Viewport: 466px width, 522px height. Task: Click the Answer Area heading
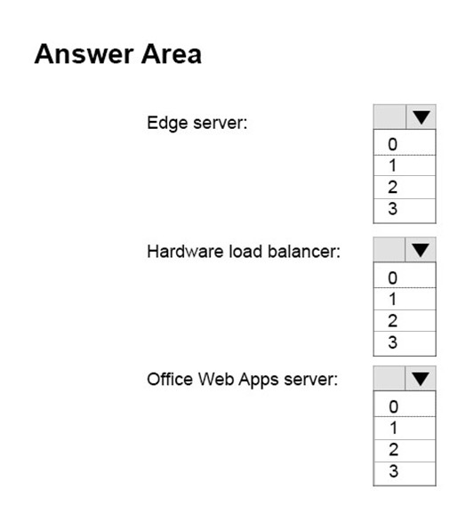[117, 54]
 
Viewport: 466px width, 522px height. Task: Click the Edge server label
[197, 124]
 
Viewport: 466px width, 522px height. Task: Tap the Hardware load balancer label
[244, 252]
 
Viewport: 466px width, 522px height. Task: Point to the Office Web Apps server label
[242, 380]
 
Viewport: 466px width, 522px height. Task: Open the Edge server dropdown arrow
[421, 117]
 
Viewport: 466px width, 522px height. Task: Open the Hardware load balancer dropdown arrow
[421, 250]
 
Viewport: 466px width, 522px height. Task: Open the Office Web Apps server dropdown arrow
[421, 379]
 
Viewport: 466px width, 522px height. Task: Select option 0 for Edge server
[405, 142]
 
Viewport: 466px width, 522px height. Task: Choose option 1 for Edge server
[405, 165]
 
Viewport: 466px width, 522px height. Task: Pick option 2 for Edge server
[405, 188]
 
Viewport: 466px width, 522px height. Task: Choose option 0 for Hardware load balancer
[405, 276]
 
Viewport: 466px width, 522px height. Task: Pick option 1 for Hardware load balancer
[405, 299]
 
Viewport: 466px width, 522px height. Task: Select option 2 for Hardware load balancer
[405, 321]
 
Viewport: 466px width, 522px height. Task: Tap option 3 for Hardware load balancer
[405, 343]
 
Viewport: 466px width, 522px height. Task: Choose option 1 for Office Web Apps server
[405, 428]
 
